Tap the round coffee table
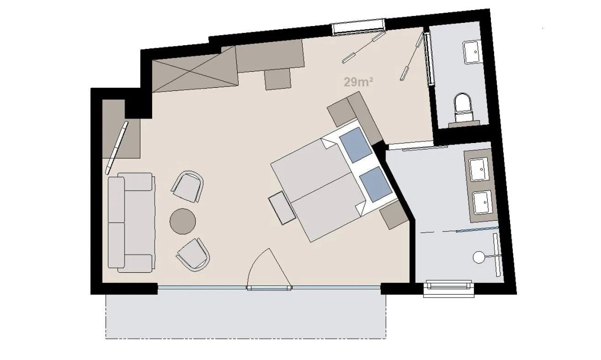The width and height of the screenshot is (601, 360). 183,222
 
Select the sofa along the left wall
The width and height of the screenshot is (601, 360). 130,222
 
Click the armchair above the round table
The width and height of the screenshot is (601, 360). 187,186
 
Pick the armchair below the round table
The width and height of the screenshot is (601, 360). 193,255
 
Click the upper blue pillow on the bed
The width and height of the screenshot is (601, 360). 354,144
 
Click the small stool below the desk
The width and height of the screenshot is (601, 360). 278,79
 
